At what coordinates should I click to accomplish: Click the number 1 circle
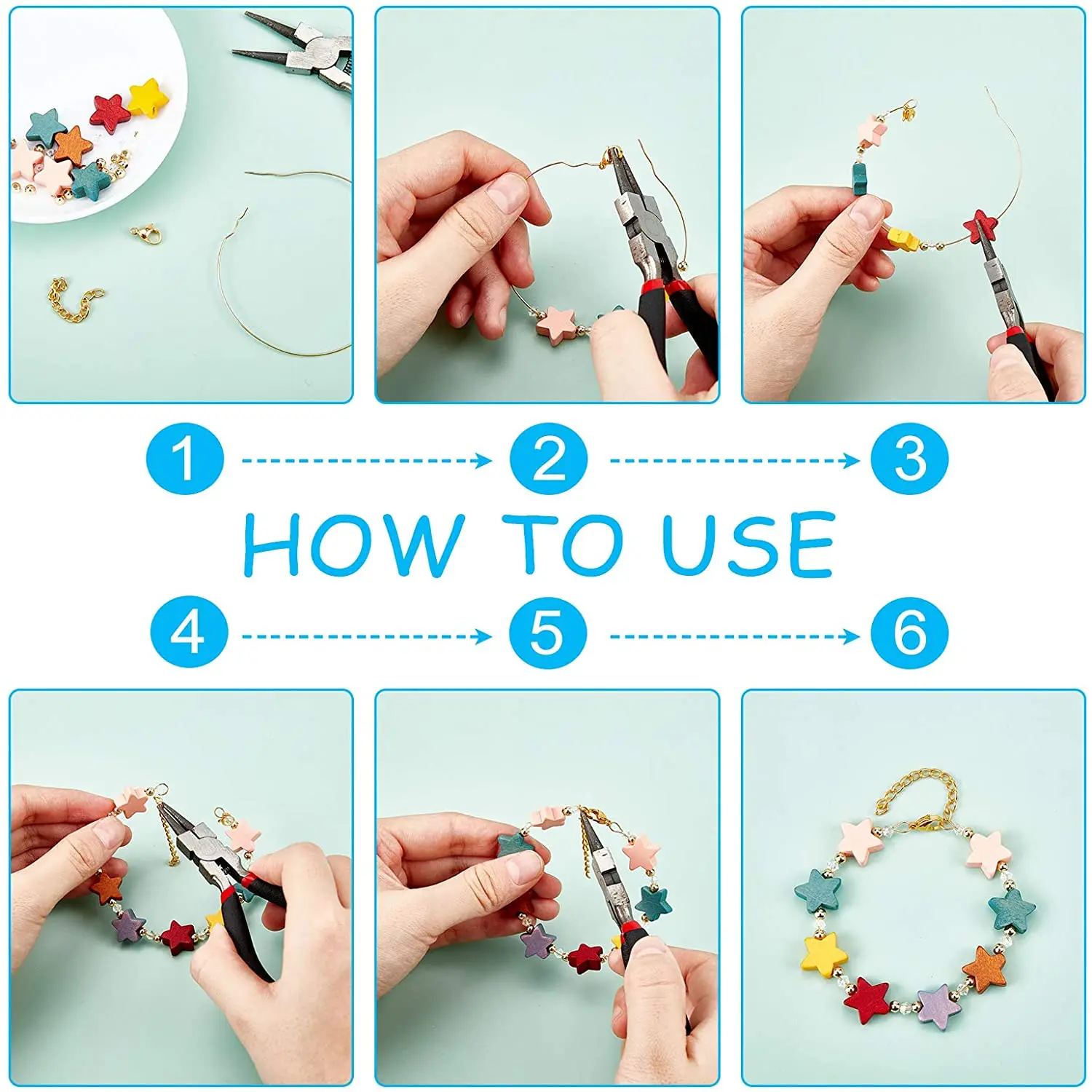[x=185, y=459]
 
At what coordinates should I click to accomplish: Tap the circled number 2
[x=548, y=459]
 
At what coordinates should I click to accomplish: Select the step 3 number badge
[x=910, y=459]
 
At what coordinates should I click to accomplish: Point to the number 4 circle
[x=189, y=633]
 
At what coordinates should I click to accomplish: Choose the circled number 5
[x=547, y=633]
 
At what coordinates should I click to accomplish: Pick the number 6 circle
[x=910, y=633]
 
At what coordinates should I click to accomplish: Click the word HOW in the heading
[x=353, y=545]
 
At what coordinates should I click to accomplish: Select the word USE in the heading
[x=748, y=545]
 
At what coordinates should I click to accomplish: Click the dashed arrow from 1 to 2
[x=367, y=460]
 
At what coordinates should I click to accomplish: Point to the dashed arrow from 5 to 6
[x=735, y=636]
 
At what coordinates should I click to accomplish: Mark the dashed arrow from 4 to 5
[x=367, y=636]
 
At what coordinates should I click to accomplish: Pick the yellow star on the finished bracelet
[x=825, y=955]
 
